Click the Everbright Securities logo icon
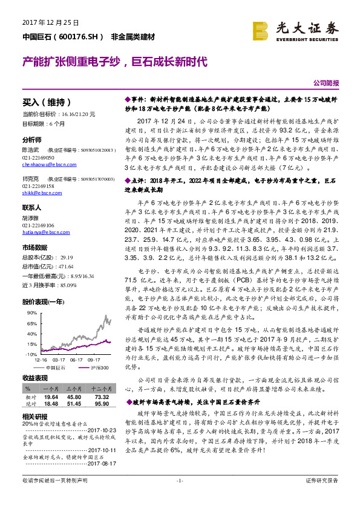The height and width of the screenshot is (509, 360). point(261,30)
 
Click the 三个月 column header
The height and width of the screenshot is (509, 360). point(74,387)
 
